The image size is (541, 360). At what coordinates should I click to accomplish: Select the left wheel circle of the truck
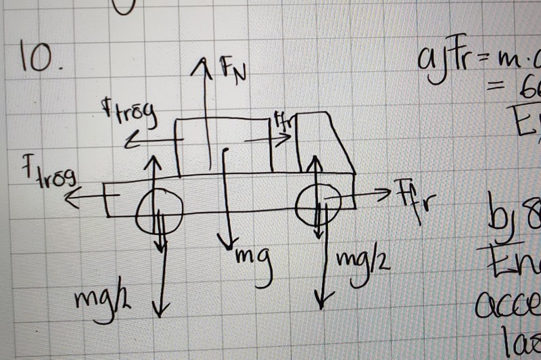point(159,210)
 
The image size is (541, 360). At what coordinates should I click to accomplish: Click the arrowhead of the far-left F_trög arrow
point(70,198)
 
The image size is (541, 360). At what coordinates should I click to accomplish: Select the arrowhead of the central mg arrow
point(229,244)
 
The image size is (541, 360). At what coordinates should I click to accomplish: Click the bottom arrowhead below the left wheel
point(160,312)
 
